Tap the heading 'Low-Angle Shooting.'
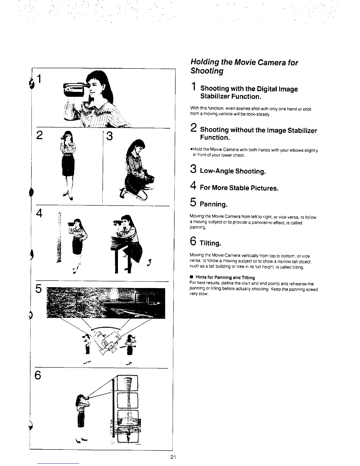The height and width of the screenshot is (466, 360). pos(233,171)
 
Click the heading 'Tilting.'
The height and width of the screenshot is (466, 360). pos(210,244)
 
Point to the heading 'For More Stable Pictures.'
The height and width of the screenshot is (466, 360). pos(239,188)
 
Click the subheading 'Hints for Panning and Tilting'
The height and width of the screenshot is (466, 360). pos(225,277)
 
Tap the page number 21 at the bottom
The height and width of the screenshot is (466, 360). pos(173,457)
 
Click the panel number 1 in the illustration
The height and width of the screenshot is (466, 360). pos(40,79)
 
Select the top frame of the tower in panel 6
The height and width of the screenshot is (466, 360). pos(127,383)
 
